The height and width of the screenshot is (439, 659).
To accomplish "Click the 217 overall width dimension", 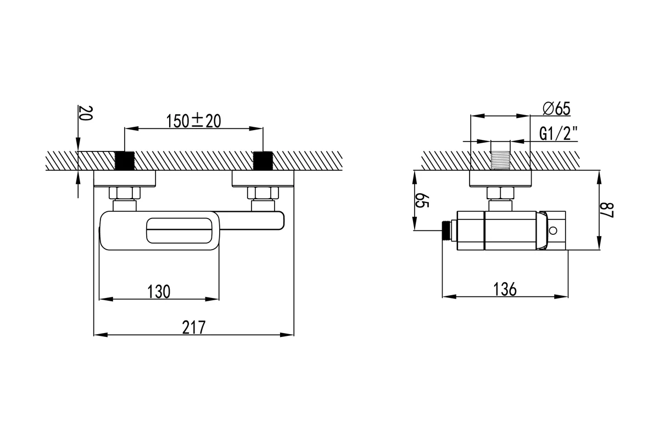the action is click(x=193, y=327).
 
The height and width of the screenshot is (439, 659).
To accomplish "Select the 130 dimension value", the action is click(x=159, y=292).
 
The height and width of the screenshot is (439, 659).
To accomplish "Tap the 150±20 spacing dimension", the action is click(x=193, y=121).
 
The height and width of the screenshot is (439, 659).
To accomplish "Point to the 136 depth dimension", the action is click(x=505, y=289).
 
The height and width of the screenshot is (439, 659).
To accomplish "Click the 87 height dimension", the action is click(x=607, y=210).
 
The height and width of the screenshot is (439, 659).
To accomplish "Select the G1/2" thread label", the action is click(x=559, y=133).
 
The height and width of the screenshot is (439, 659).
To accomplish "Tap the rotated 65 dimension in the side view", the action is click(x=422, y=200).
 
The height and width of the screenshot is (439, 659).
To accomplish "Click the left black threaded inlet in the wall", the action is click(x=125, y=161).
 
